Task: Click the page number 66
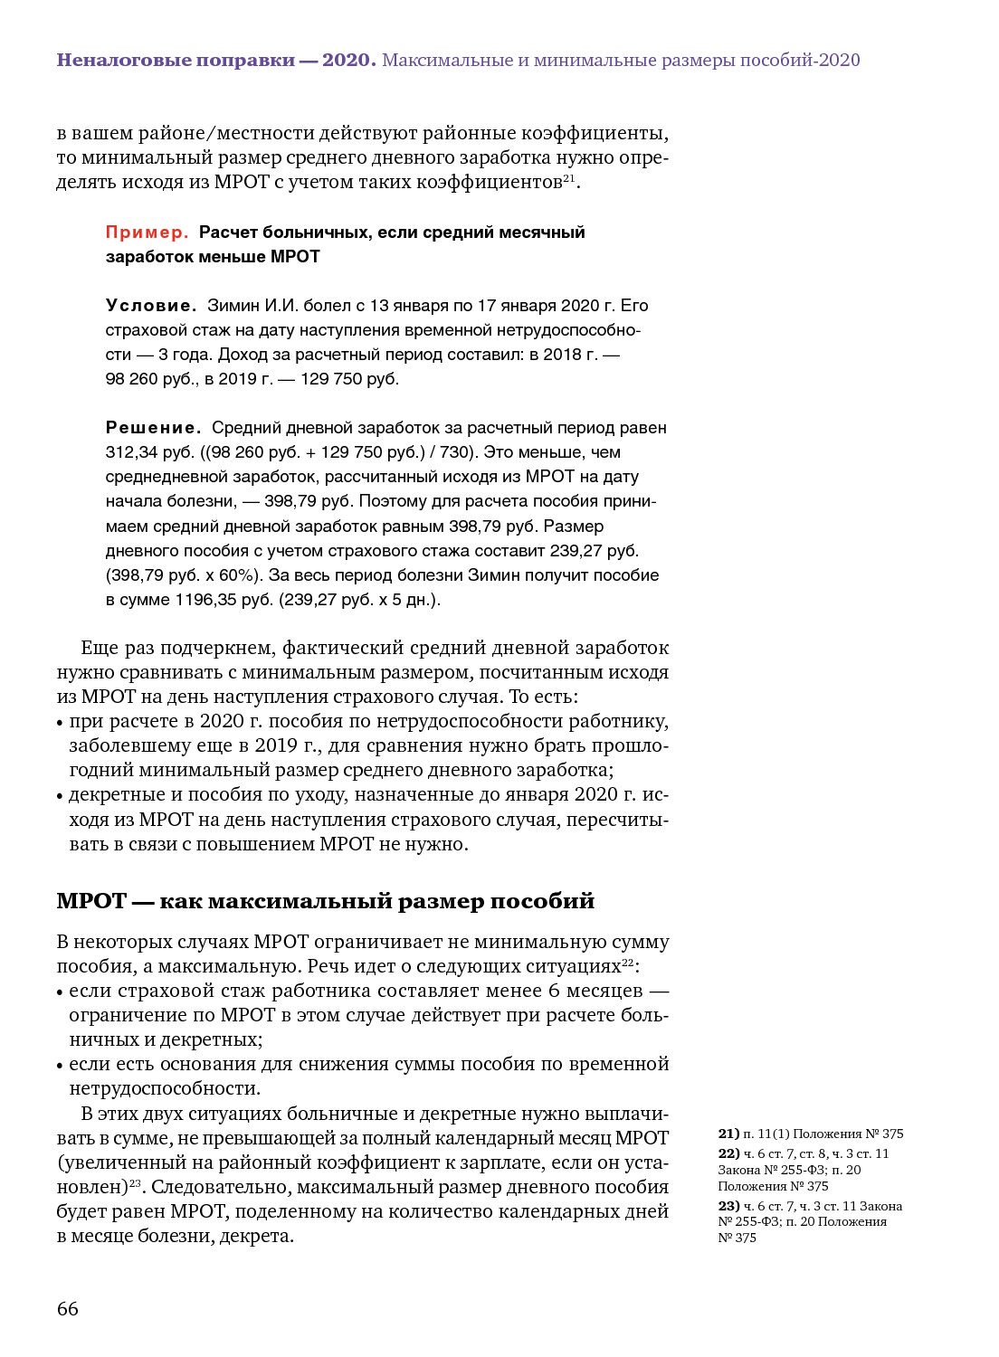[68, 1308]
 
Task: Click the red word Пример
[147, 232]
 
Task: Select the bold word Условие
[150, 306]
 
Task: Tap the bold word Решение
[153, 428]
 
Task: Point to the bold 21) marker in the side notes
[728, 1134]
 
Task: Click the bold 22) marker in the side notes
[728, 1153]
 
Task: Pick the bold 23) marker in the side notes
[728, 1206]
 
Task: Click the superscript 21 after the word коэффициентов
[569, 177]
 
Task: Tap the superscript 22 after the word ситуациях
[628, 962]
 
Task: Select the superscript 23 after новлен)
[135, 1182]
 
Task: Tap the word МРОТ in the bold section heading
[91, 901]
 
